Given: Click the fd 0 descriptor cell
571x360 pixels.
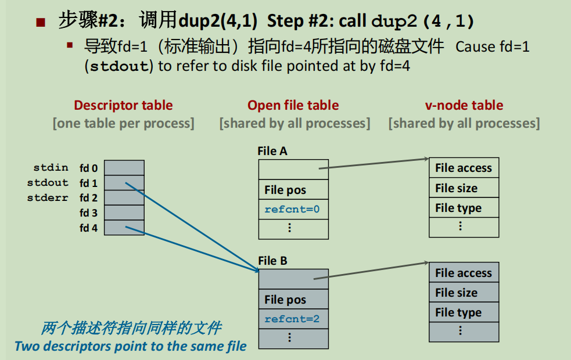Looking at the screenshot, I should pyautogui.click(x=124, y=168).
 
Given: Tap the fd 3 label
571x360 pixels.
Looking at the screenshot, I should pyautogui.click(x=88, y=213).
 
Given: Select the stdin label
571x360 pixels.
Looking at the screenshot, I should pyautogui.click(x=51, y=168).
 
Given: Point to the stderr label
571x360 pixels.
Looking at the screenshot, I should pyautogui.click(x=48, y=198).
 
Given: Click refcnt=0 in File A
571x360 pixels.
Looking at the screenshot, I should pyautogui.click(x=292, y=209).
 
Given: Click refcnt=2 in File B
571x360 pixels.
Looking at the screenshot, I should pyautogui.click(x=292, y=319).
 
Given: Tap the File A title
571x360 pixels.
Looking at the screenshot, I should pyautogui.click(x=272, y=152).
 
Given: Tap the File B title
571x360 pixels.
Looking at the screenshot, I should pyautogui.click(x=272, y=261).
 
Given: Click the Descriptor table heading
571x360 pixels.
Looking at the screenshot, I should pyautogui.click(x=123, y=105).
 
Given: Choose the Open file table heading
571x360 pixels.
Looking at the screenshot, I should pyautogui.click(x=293, y=105).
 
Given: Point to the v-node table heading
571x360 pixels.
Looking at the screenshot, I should pyautogui.click(x=464, y=105).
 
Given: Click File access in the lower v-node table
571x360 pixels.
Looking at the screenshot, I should pyautogui.click(x=464, y=273).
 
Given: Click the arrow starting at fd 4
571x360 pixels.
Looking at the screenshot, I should pyautogui.click(x=192, y=249).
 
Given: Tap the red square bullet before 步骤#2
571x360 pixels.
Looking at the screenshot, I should pyautogui.click(x=40, y=23).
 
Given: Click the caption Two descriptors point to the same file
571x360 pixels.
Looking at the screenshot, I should pyautogui.click(x=130, y=347).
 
